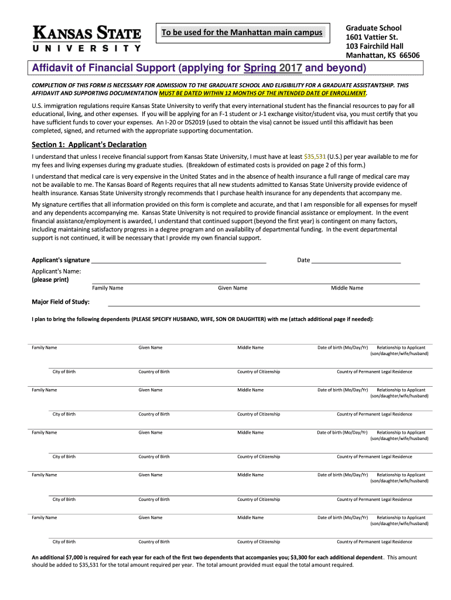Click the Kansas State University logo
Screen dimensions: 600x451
[87, 39]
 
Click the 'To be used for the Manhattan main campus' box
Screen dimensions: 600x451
[242, 32]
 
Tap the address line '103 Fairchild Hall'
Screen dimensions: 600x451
[375, 46]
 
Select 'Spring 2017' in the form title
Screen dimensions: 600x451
[272, 69]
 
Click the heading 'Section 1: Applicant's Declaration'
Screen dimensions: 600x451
[89, 145]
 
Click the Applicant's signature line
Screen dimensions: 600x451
[179, 260]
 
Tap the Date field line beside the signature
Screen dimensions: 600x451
[356, 260]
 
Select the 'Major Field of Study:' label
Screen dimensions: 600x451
[60, 302]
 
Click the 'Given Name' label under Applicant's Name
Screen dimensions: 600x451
[233, 288]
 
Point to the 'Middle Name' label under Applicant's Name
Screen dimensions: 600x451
[347, 288]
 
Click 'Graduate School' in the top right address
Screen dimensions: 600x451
[374, 28]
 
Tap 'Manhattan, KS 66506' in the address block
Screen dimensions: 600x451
[382, 56]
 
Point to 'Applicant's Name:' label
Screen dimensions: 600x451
[56, 271]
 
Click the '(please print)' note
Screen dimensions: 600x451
[50, 279]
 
